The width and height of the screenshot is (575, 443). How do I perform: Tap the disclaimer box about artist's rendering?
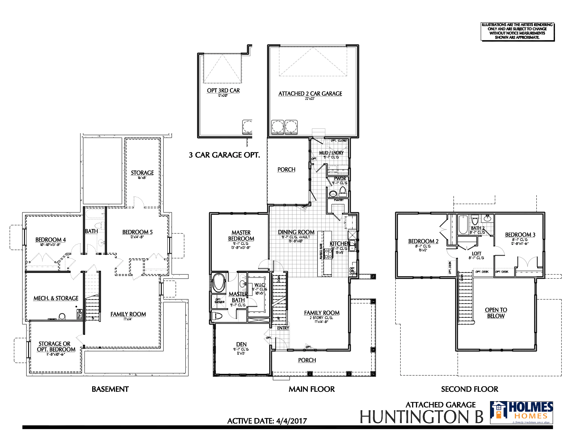517,31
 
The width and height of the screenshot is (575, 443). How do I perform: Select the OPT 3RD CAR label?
223,90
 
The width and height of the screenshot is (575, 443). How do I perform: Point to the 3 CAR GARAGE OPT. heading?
224,155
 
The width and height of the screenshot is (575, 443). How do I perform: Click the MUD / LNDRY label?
331,153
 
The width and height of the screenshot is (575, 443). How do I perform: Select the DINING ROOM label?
296,232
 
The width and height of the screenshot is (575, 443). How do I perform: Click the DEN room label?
241,344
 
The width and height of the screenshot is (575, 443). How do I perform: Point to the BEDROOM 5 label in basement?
137,232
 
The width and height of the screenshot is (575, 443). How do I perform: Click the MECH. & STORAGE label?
56,298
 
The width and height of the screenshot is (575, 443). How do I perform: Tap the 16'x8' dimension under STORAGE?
142,178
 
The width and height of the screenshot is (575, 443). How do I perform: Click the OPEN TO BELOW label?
496,313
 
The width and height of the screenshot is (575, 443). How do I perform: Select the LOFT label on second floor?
476,253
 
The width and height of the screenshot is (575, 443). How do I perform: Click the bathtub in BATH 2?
463,224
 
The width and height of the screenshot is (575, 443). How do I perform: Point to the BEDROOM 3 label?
520,234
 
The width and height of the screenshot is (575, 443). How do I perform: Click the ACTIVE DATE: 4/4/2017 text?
267,421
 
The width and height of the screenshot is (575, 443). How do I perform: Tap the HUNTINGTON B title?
422,417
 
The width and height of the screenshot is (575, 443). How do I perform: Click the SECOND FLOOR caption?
469,389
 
